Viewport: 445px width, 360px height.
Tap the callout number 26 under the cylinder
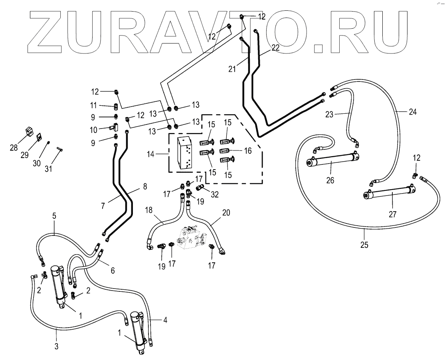[330, 180]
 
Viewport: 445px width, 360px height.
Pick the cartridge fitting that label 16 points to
[226, 151]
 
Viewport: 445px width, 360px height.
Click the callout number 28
[14, 148]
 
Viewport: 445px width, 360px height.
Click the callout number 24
[412, 112]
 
